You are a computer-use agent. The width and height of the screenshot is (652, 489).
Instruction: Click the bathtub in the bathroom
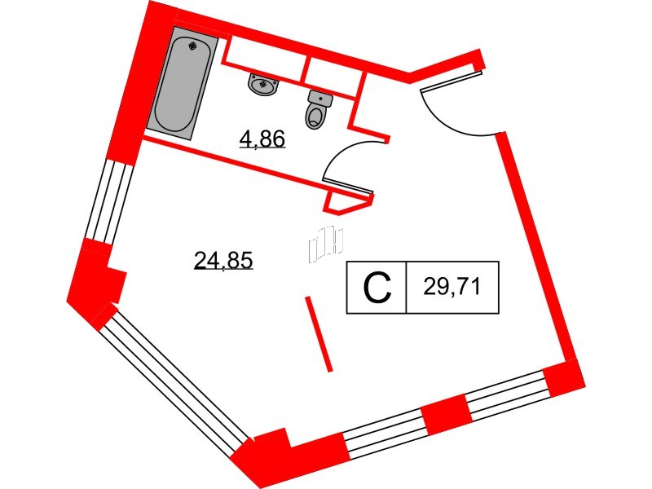(x=183, y=83)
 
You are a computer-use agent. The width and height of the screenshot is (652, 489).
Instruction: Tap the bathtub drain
(x=192, y=46)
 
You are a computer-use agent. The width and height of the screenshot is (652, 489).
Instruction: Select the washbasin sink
(x=262, y=85)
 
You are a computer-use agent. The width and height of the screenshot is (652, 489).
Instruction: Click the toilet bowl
(x=316, y=116)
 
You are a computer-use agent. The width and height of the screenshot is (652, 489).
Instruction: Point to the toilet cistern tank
(x=320, y=99)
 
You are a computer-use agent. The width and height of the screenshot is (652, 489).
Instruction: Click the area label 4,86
(x=262, y=139)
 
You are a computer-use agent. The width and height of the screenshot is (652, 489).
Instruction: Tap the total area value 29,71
(x=452, y=287)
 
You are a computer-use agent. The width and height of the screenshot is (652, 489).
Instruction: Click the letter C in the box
(x=377, y=288)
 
